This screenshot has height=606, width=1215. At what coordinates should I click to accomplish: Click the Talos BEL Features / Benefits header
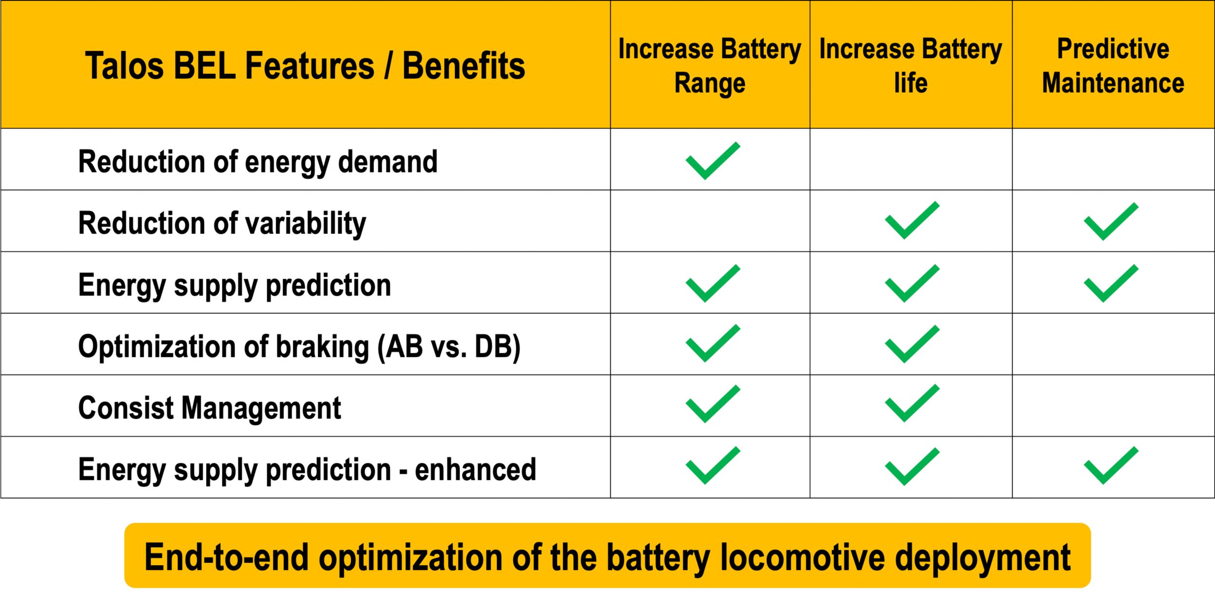pyautogui.click(x=305, y=66)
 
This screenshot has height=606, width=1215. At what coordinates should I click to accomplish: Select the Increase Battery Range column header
pyautogui.click(x=710, y=66)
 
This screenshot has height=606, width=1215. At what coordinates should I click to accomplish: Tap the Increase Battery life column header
pyautogui.click(x=910, y=66)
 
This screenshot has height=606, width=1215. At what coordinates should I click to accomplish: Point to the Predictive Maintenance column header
pyautogui.click(x=1113, y=66)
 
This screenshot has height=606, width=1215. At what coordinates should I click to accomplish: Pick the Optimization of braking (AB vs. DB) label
pyautogui.click(x=299, y=346)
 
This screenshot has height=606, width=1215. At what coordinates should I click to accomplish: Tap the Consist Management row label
pyautogui.click(x=209, y=407)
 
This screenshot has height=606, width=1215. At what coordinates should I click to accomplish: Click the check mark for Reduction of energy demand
pyautogui.click(x=712, y=161)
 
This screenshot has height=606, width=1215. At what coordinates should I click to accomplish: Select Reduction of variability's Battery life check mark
pyautogui.click(x=912, y=220)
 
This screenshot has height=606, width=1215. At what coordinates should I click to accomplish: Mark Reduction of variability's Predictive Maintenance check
pyautogui.click(x=1111, y=221)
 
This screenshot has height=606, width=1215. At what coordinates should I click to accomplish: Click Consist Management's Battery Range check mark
pyautogui.click(x=712, y=404)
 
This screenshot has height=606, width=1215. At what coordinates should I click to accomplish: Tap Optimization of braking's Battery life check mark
pyautogui.click(x=912, y=344)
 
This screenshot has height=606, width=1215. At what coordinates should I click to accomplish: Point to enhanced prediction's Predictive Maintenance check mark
pyautogui.click(x=1111, y=465)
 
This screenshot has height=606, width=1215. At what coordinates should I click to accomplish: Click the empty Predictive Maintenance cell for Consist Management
pyautogui.click(x=1113, y=405)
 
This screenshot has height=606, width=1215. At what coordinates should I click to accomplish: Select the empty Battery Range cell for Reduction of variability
pyautogui.click(x=710, y=221)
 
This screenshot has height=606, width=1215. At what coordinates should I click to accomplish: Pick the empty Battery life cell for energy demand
pyautogui.click(x=911, y=159)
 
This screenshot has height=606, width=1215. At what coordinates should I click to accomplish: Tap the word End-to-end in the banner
pyautogui.click(x=226, y=557)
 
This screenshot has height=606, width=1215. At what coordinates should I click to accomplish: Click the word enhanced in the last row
pyautogui.click(x=475, y=470)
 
